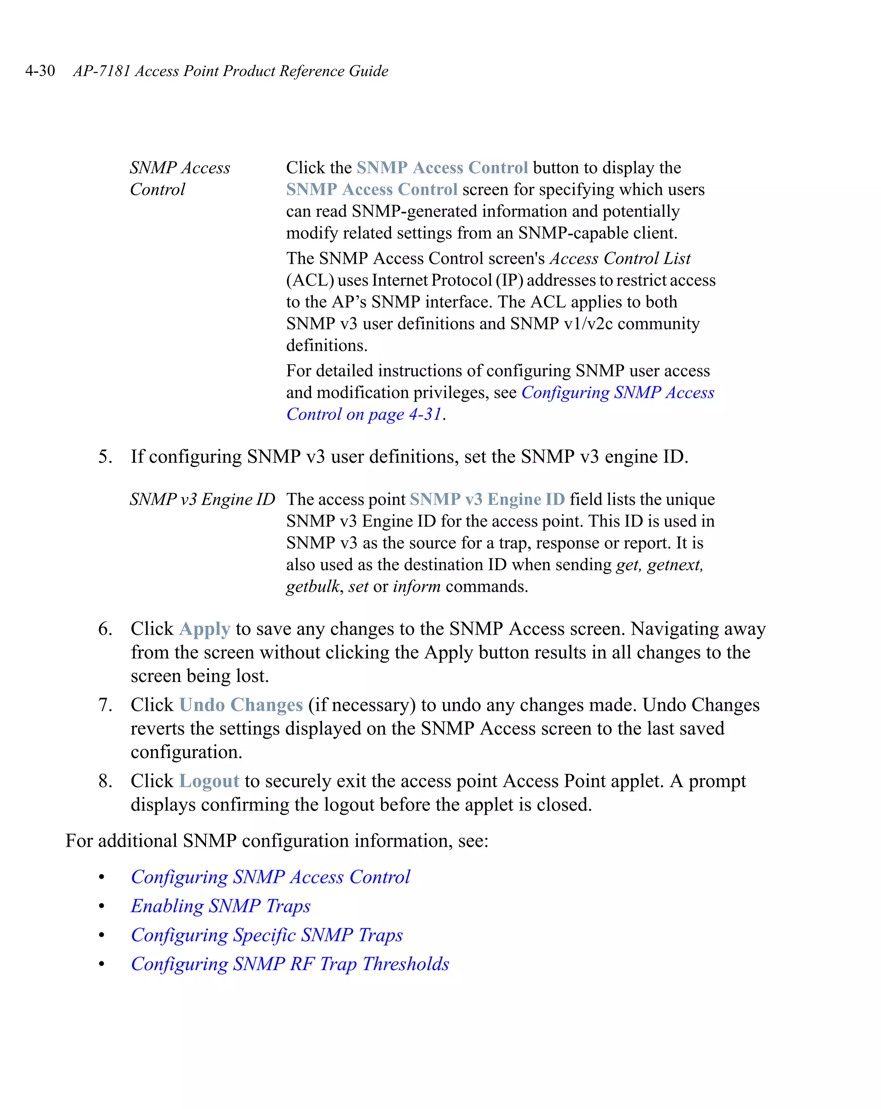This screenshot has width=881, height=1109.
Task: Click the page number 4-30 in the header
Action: [x=40, y=71]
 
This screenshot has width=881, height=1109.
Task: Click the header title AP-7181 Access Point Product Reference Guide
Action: [x=231, y=71]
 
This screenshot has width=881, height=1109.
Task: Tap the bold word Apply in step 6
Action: [x=205, y=629]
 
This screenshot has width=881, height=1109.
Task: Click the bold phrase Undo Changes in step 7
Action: [x=241, y=705]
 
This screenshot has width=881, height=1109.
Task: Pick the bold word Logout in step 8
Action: [x=209, y=781]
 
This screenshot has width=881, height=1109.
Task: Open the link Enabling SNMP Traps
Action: [x=221, y=906]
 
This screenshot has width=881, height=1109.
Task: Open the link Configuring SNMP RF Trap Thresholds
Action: [x=290, y=965]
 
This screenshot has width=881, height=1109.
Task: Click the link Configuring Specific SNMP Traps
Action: [x=267, y=935]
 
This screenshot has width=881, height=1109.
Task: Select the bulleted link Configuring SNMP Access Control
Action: [x=270, y=878]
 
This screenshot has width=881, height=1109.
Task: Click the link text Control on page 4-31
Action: [x=364, y=415]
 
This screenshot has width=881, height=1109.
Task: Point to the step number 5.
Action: [x=105, y=457]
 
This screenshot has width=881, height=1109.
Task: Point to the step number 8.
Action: [x=105, y=781]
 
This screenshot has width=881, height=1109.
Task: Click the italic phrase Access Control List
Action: [x=620, y=258]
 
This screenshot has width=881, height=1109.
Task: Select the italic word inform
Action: [x=416, y=587]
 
